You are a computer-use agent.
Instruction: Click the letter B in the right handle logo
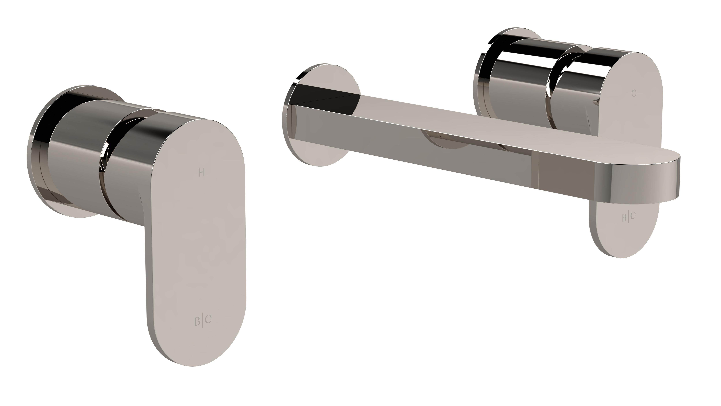coord(624,218)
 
